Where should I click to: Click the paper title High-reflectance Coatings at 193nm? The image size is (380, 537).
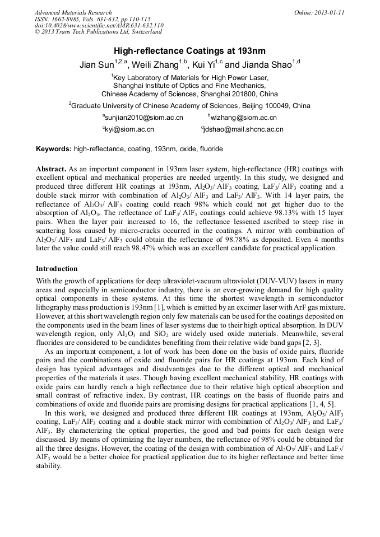[x=190, y=50]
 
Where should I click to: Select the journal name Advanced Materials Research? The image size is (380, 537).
[x=73, y=12]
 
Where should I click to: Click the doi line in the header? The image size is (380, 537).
[x=99, y=26]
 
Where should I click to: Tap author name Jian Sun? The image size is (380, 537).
[x=96, y=65]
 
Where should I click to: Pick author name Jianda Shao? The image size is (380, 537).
[x=267, y=65]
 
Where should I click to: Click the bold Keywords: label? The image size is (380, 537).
[x=53, y=149]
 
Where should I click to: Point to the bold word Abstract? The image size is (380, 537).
[x=51, y=169]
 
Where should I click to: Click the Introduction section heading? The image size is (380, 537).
[x=57, y=269]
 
